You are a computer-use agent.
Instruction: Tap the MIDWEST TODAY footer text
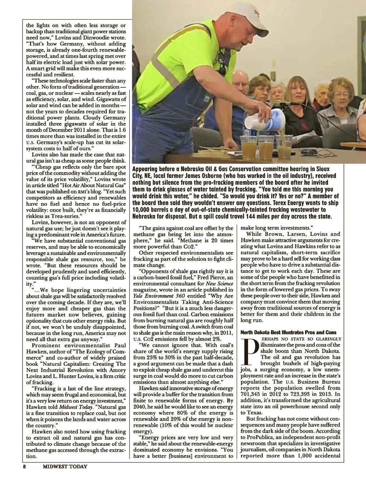coord(65,466)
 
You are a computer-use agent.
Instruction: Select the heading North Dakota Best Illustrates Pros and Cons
coord(288,332)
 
